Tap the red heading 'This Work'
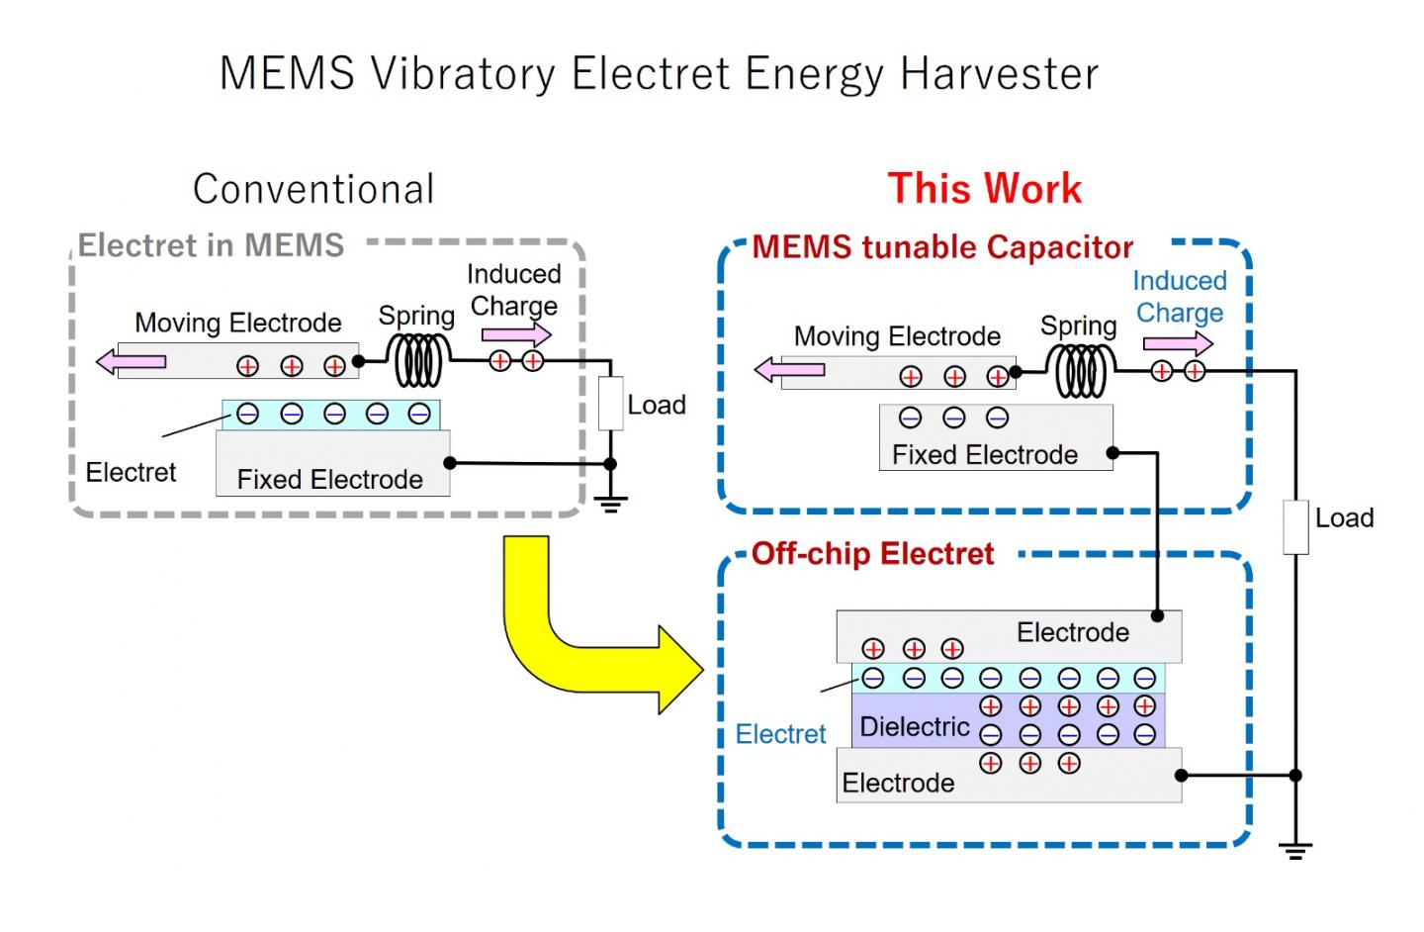984,189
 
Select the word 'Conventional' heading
313,189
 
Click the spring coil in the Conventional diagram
420,360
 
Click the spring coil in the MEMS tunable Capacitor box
1081,372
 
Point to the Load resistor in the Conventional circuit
611,404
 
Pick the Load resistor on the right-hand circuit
1295,526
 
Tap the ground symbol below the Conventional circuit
611,505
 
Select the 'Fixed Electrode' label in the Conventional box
329,480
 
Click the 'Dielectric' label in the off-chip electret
914,727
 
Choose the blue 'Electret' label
780,734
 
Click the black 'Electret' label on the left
131,472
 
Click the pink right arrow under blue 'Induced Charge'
1177,343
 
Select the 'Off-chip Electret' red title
872,554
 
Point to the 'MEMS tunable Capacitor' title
941,247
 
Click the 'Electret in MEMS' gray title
211,245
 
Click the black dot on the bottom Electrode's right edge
1181,776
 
